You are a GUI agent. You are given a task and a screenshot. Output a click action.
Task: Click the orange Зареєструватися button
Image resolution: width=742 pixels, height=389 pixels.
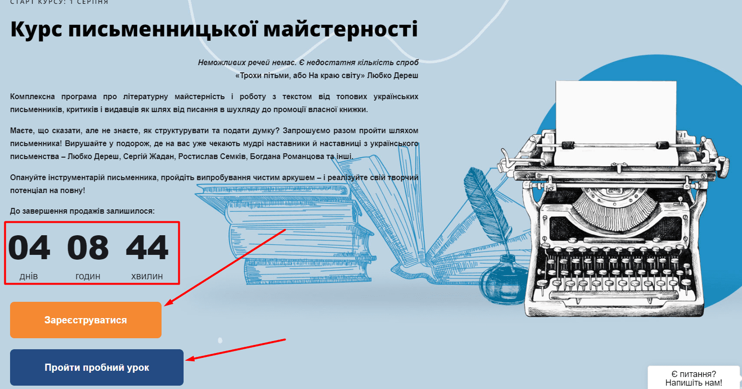pos(86,320)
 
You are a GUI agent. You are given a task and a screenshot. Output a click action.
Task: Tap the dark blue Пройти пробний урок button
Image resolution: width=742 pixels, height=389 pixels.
pos(97,367)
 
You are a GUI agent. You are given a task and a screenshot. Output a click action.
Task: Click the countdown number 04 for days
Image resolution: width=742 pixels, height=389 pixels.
pos(29,248)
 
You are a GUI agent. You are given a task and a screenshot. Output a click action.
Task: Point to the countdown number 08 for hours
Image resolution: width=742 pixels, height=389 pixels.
pos(88,248)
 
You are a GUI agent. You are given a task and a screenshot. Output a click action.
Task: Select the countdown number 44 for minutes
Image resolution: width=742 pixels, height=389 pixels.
pos(147,248)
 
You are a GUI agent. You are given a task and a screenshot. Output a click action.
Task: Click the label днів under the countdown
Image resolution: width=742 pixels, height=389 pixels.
pos(29,276)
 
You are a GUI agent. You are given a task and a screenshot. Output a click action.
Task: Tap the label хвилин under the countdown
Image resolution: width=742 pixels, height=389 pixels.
pos(147,276)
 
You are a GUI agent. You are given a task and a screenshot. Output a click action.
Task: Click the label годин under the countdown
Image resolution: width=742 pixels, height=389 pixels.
pos(88,276)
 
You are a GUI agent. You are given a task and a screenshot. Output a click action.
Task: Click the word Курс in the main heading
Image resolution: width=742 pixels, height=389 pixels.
pos(36,30)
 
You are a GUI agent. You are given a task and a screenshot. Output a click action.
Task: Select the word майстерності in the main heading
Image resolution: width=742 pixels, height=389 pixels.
pos(341,29)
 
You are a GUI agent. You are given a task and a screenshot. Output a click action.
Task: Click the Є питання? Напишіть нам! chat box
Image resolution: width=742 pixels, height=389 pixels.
pos(694,378)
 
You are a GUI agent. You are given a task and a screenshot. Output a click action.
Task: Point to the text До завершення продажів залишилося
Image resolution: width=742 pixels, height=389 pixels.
pos(82,211)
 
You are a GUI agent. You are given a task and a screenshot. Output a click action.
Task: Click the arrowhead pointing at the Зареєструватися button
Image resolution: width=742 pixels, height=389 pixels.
pos(168,303)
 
